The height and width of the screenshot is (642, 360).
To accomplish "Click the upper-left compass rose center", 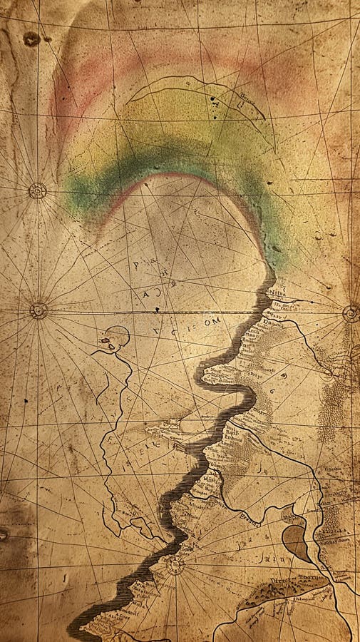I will tap(37, 190).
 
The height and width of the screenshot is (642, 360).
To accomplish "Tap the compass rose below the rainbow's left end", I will tap(38, 310).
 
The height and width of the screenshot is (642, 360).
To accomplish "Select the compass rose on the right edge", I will tap(350, 313).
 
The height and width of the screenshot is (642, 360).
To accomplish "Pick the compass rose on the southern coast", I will tap(175, 566).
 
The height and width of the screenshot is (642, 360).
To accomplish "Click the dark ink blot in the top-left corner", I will tap(31, 39).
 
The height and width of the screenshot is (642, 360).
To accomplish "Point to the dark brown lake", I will tap(296, 542).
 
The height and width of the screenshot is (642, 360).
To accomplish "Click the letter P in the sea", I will tap(135, 265).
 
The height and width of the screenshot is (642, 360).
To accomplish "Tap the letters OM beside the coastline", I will tap(213, 322).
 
